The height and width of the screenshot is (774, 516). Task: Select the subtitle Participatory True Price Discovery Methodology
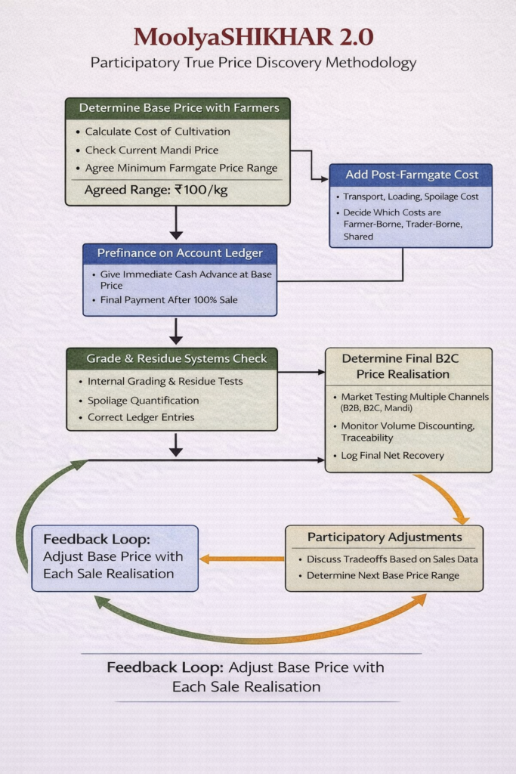(253, 63)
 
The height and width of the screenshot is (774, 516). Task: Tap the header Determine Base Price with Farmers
(178, 108)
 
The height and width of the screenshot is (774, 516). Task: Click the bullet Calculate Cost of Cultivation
(157, 132)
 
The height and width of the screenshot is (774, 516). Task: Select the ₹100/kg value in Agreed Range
(200, 190)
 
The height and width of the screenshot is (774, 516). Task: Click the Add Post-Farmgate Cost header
(412, 175)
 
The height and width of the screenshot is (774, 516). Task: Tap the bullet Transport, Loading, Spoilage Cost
(411, 197)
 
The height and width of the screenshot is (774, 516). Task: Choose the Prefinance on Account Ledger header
(179, 253)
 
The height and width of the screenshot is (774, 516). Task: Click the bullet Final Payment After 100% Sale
(169, 300)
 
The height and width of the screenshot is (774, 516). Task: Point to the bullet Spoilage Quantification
(143, 401)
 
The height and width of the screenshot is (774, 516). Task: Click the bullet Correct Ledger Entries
(141, 417)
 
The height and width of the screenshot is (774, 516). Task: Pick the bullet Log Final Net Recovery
(392, 456)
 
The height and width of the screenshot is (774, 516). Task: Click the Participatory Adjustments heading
(384, 537)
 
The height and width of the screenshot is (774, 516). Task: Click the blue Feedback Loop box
(115, 558)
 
